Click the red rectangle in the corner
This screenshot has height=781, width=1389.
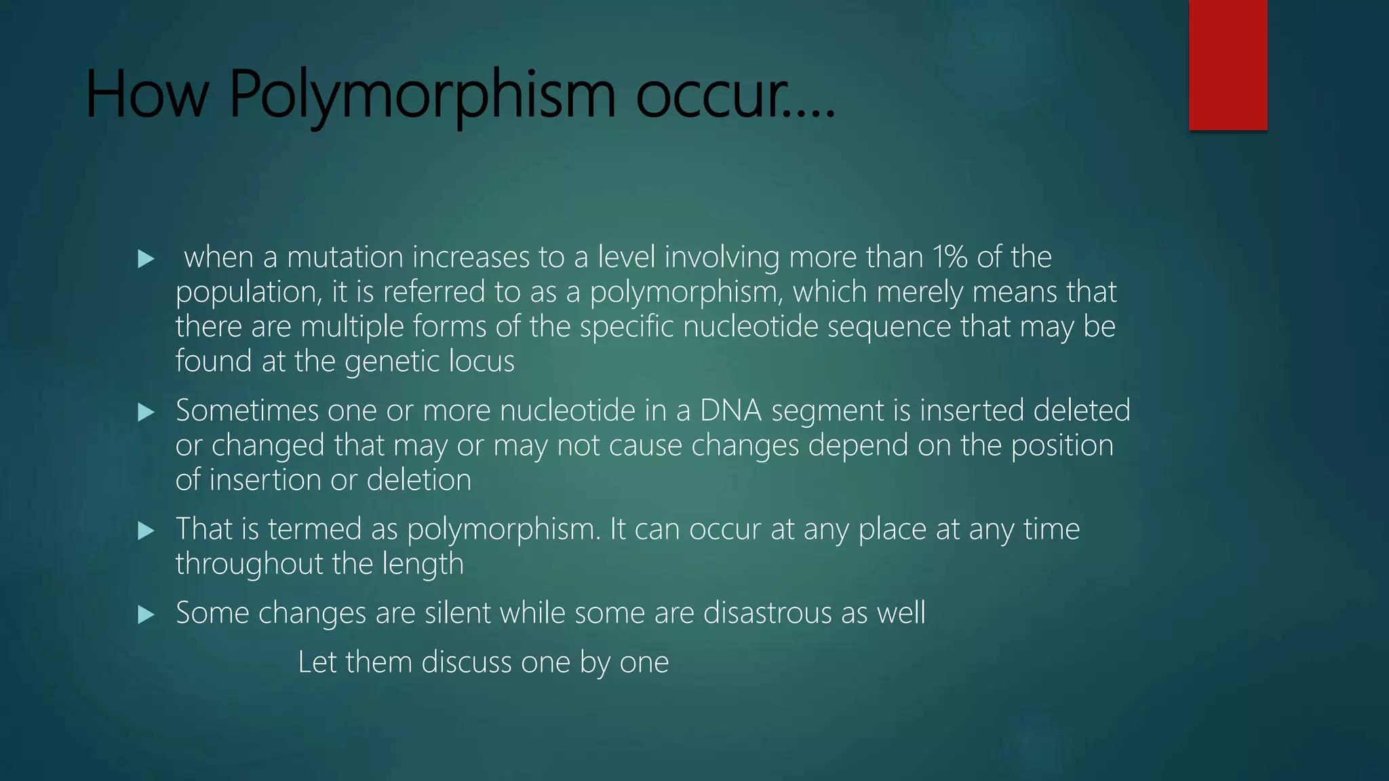tap(1228, 65)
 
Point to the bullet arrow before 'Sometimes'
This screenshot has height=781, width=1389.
tap(146, 412)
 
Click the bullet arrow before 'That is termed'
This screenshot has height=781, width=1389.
tap(146, 530)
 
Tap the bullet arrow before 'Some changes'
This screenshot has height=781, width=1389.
tap(146, 615)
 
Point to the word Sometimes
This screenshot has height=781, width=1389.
tap(247, 411)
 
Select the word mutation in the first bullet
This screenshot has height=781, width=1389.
tap(345, 258)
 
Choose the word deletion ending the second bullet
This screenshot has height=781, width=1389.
tap(418, 480)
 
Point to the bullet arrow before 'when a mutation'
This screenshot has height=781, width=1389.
tap(146, 259)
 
